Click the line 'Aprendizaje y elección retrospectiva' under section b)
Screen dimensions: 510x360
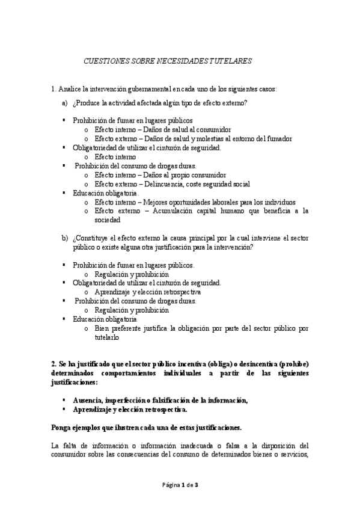pos(154,292)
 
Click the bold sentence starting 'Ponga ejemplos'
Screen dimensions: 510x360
pos(147,428)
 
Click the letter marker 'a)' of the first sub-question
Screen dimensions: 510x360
pos(65,103)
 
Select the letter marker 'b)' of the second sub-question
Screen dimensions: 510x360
pos(65,238)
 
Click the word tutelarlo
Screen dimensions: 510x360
pos(108,337)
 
